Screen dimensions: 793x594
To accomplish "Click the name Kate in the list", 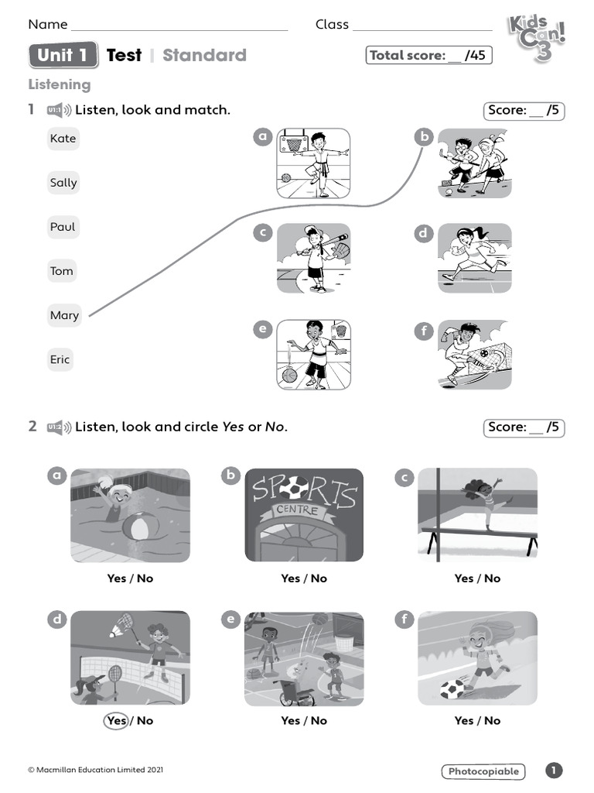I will tap(63, 139).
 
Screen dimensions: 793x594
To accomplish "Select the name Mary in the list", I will tap(64, 315).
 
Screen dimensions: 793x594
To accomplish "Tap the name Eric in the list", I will tap(60, 359).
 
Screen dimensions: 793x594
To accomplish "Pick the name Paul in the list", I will tap(63, 227).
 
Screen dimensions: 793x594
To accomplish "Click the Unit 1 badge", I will tap(63, 55).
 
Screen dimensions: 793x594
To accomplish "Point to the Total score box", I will tap(428, 55).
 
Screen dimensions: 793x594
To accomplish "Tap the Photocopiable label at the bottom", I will tap(483, 771).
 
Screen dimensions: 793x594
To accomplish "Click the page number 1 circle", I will tap(554, 771).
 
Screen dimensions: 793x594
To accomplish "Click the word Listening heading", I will tap(60, 84).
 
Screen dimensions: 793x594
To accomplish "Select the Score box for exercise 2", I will tap(524, 427).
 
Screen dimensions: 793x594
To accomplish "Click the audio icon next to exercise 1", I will tap(59, 110).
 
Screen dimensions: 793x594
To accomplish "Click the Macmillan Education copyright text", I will tap(96, 770).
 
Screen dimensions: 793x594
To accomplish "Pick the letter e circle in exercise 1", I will tap(263, 330).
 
